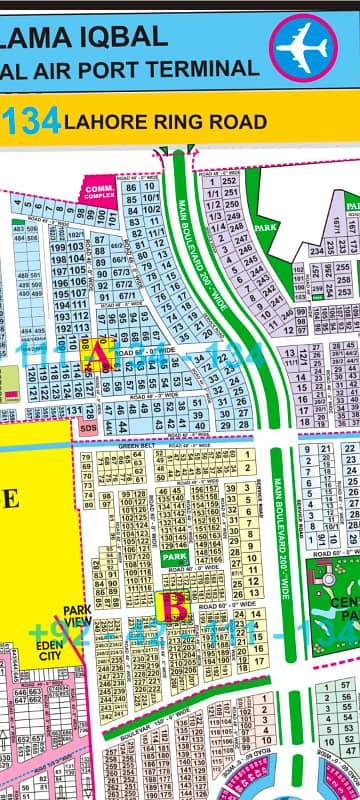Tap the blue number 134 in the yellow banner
pyautogui.click(x=31, y=122)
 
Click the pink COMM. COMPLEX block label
pyautogui.click(x=97, y=190)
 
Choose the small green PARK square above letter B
pyautogui.click(x=175, y=556)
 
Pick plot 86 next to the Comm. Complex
pyautogui.click(x=130, y=187)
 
